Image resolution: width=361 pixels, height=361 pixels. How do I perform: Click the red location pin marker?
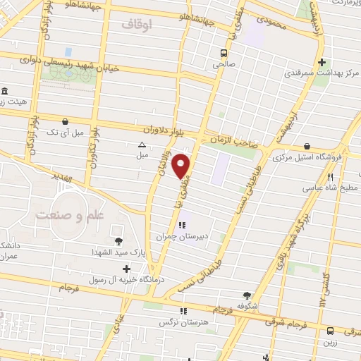point(182,166)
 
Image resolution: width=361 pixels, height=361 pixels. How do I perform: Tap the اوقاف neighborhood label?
point(137,25)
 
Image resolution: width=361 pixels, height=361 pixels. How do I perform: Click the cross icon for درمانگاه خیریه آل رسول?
point(126,269)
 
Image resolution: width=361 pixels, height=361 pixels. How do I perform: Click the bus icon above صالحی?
point(224,53)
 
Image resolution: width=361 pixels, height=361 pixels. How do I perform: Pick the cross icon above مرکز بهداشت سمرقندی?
point(322,61)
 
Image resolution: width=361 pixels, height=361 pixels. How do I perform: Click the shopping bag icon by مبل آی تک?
point(65,121)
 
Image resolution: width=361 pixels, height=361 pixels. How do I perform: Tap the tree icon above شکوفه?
point(247,296)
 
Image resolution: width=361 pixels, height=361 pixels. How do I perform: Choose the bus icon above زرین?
point(330,330)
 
